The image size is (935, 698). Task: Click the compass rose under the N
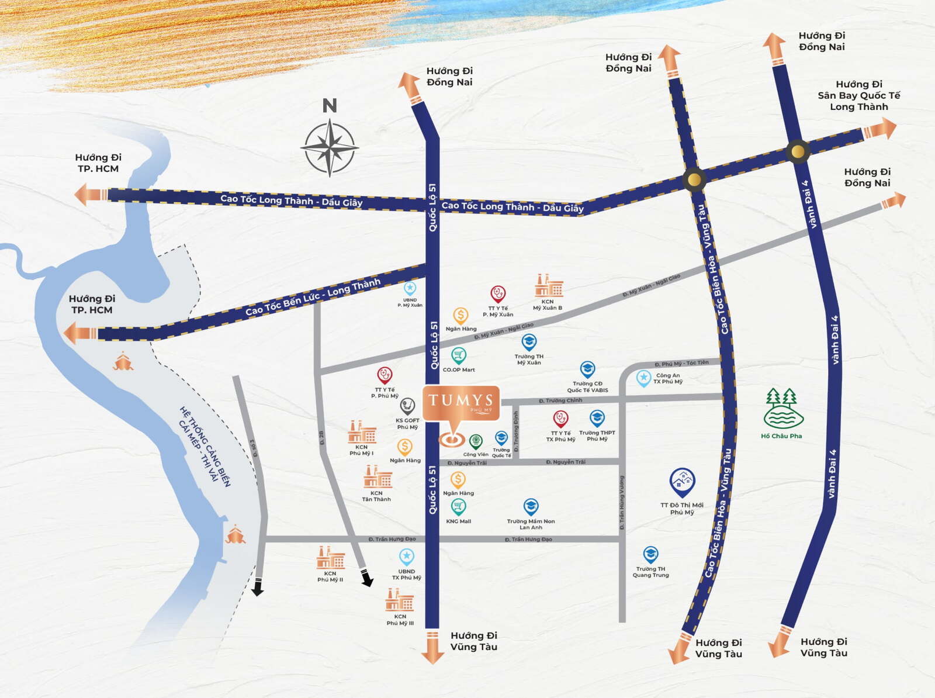(x=330, y=147)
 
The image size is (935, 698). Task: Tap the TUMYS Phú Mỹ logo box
(x=461, y=403)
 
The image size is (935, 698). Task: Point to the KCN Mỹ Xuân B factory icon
(x=549, y=286)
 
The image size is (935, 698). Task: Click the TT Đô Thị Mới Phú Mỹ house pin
(x=682, y=482)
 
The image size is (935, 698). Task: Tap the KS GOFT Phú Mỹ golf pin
(x=407, y=406)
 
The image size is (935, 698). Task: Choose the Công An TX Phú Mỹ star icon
(x=643, y=378)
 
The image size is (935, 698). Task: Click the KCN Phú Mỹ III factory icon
(x=400, y=600)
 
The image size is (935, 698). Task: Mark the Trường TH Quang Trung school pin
(x=650, y=554)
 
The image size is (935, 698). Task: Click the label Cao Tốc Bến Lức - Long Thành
(x=313, y=296)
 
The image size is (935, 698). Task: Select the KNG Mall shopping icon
(x=458, y=507)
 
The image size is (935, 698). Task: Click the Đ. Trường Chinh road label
(x=560, y=400)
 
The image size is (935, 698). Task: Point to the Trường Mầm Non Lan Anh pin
(x=531, y=506)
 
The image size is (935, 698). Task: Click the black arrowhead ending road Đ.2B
(x=366, y=578)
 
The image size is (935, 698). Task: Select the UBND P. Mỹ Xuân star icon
(x=410, y=288)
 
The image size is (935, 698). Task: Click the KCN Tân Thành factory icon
(x=378, y=477)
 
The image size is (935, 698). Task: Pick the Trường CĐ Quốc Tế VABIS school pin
(x=587, y=369)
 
